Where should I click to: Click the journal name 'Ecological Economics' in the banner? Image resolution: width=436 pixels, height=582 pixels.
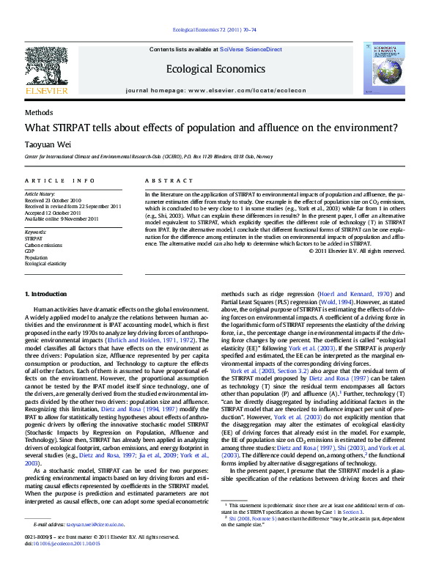pos(215,68)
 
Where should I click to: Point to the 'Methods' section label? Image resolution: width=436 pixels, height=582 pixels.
pos(39,112)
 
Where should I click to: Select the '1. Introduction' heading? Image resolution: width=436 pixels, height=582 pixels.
pos(47,294)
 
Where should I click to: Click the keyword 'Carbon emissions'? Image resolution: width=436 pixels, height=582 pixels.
pos(43,245)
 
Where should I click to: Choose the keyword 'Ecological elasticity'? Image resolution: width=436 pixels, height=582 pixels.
pos(46,264)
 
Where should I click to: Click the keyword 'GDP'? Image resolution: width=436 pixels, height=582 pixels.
pos(30,251)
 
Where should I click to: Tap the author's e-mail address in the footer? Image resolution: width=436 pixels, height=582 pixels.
pos(95,525)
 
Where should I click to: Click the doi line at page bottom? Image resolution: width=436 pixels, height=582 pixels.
pos(64,543)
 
